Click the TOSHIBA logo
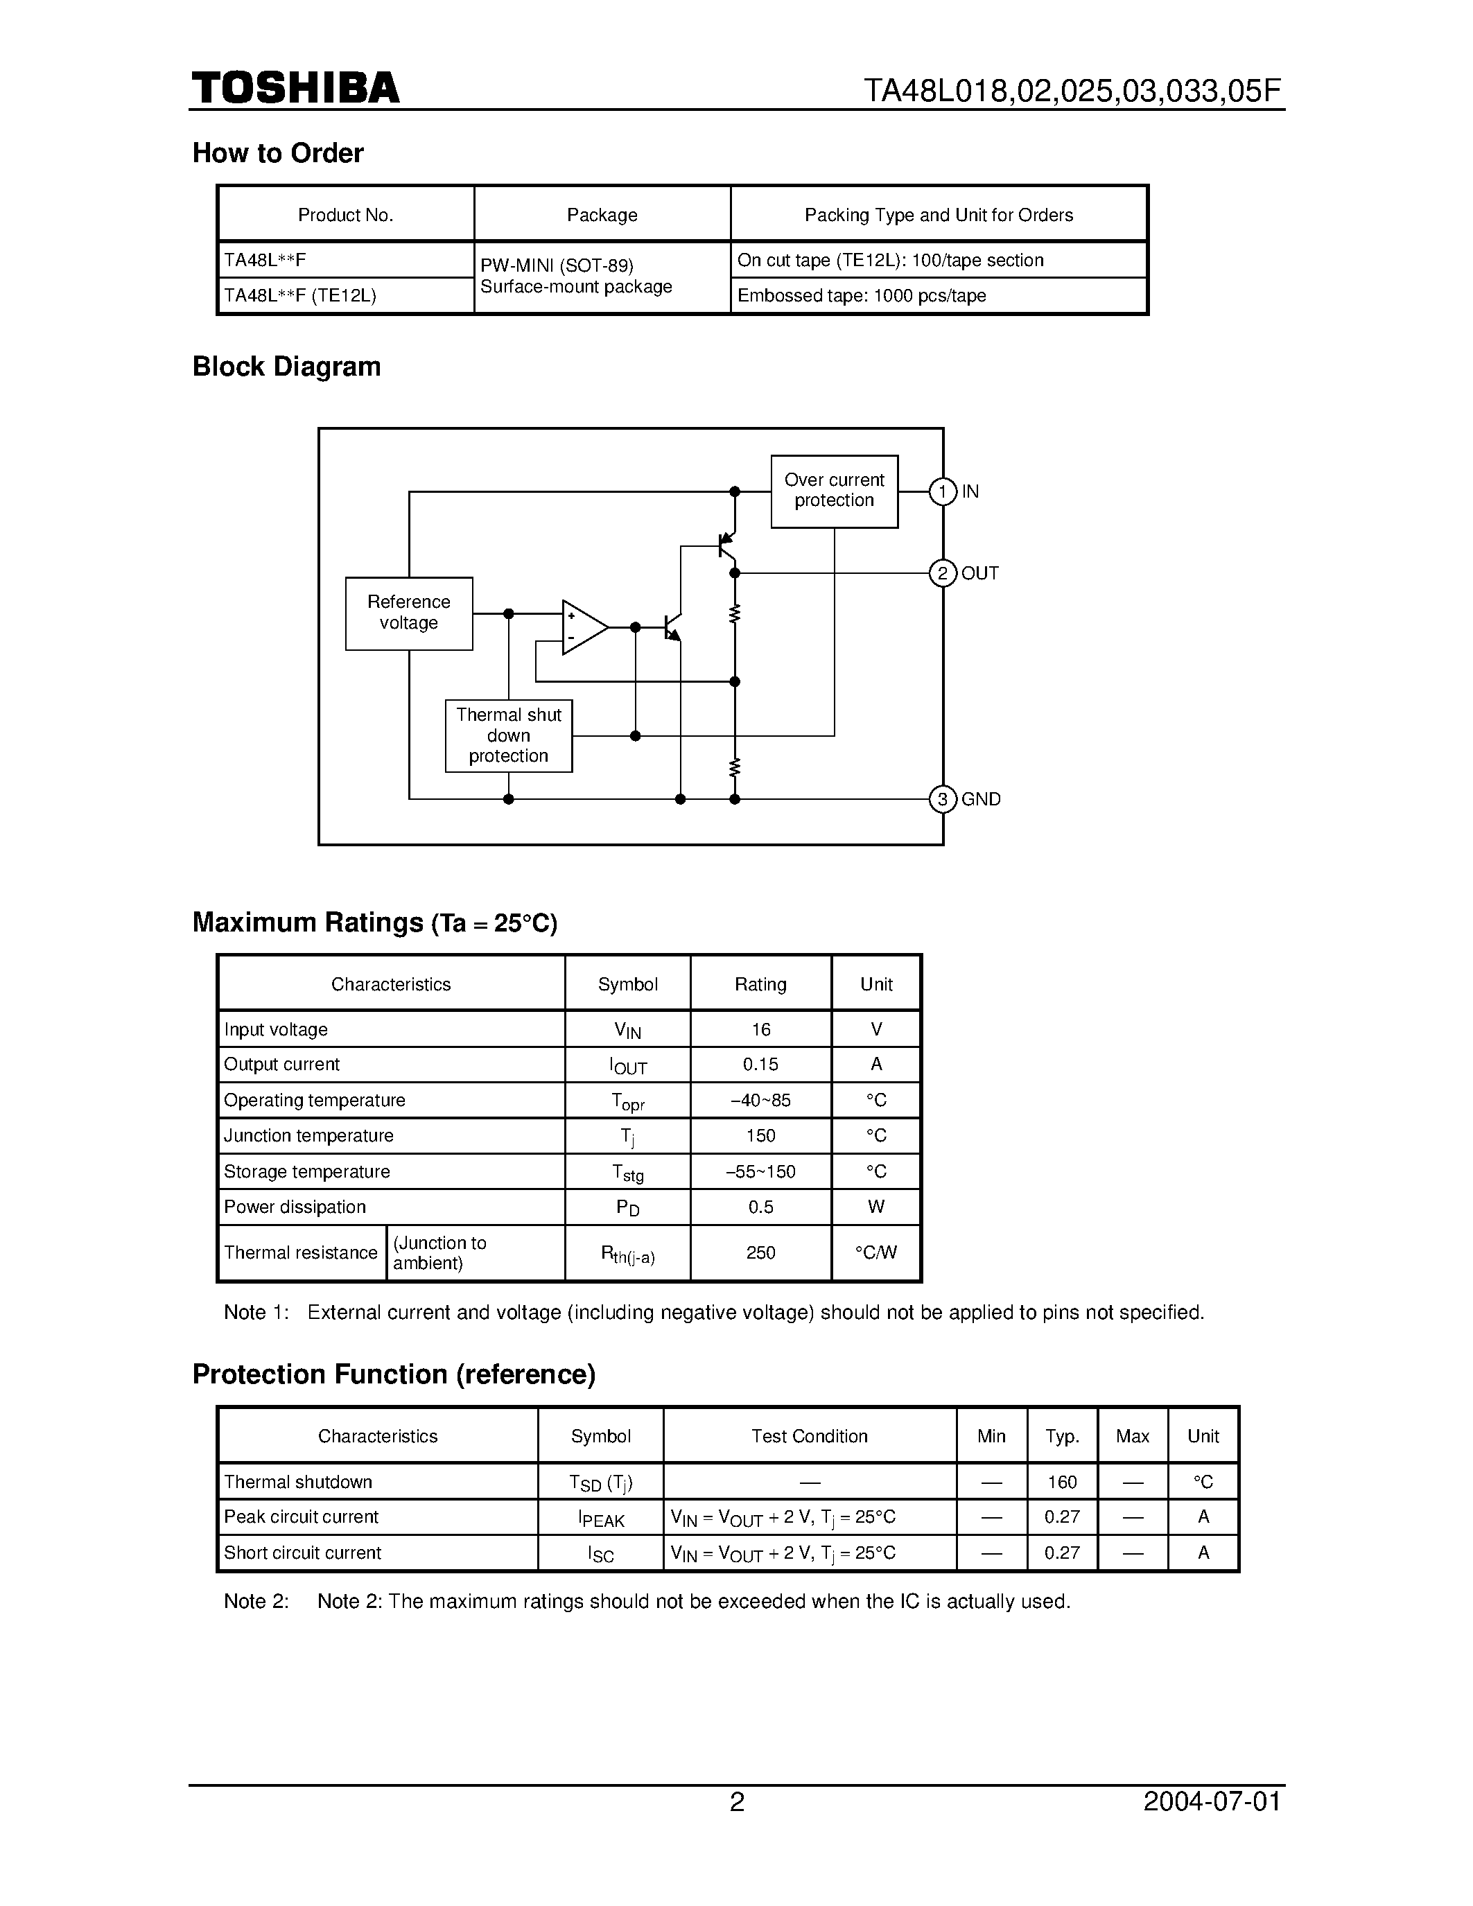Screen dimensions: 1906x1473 click(296, 88)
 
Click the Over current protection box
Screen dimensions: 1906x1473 click(833, 491)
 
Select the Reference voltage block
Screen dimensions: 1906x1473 click(408, 613)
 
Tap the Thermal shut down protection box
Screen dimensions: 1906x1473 click(508, 735)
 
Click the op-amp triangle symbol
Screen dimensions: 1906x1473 click(582, 627)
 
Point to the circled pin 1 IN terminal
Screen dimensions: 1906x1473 click(943, 492)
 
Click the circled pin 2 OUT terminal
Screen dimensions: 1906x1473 click(943, 573)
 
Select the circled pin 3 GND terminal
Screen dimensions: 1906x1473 click(943, 799)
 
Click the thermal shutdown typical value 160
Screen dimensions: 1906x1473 click(1062, 1482)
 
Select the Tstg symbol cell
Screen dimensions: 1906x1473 click(627, 1173)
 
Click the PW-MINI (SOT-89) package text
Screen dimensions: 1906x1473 click(557, 265)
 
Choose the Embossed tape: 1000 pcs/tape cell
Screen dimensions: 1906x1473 click(862, 296)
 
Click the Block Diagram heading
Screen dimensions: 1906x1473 click(286, 367)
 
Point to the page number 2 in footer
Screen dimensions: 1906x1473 click(736, 1802)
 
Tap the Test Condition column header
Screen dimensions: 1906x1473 click(809, 1437)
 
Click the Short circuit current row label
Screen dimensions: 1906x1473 click(302, 1553)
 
